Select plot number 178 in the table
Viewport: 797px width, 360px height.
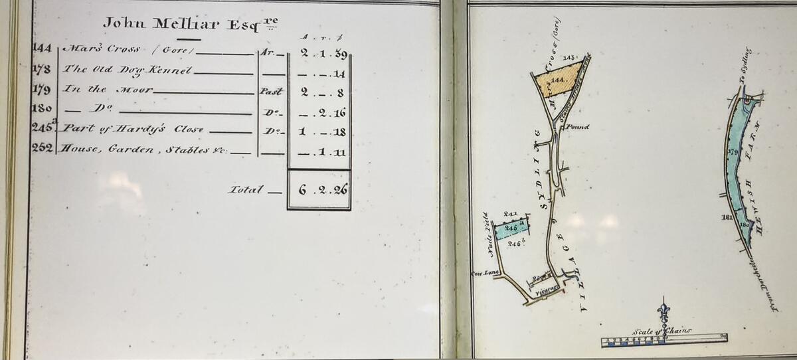tap(42, 68)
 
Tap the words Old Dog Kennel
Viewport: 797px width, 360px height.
tap(128, 69)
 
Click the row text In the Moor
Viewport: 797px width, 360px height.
tap(108, 88)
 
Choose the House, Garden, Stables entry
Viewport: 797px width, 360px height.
tap(145, 149)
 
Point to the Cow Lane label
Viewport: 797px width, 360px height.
tap(481, 273)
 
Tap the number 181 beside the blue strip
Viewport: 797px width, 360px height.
tap(726, 217)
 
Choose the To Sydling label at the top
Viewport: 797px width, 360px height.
tap(744, 64)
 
